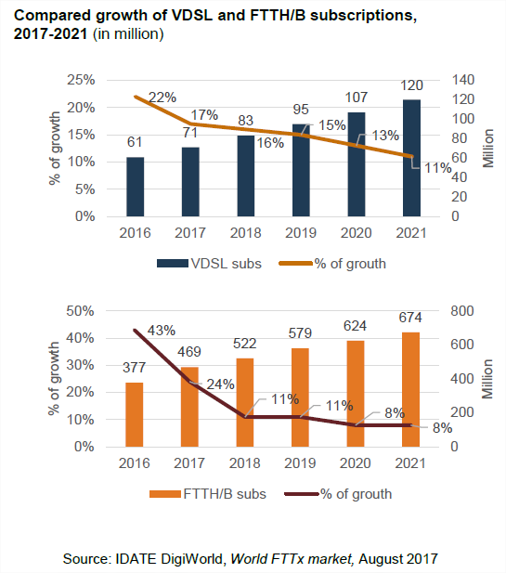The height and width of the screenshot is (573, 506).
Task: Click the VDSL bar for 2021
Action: (x=411, y=158)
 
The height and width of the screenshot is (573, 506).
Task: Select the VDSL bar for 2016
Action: (x=136, y=187)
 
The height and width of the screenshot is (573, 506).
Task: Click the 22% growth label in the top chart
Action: (x=162, y=98)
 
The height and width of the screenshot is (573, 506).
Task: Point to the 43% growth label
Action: (x=162, y=330)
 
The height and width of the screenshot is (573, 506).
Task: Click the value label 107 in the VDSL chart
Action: (x=357, y=96)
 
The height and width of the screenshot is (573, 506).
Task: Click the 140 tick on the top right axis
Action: (x=461, y=80)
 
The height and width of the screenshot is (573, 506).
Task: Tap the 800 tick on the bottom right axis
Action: (x=461, y=310)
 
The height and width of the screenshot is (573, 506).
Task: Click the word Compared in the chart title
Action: (x=48, y=15)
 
